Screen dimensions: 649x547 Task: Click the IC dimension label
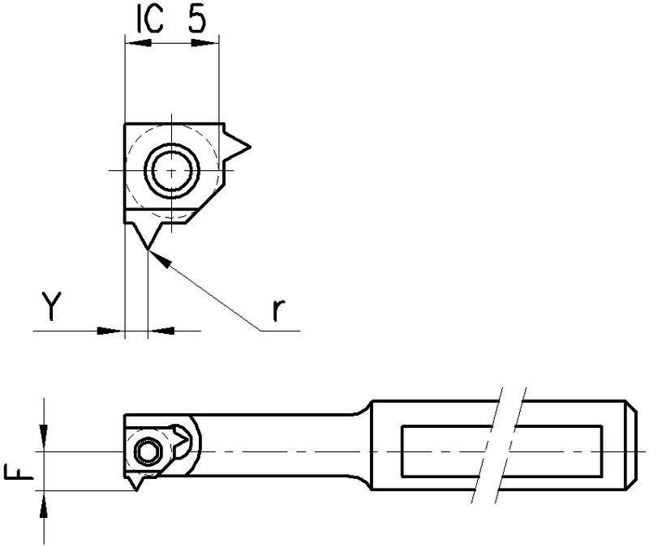pyautogui.click(x=150, y=19)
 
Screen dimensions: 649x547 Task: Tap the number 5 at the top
pyautogui.click(x=197, y=19)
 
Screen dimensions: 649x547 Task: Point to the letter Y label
pyautogui.click(x=51, y=306)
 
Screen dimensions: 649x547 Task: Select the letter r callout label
pyautogui.click(x=278, y=310)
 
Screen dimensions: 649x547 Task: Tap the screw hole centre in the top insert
pyautogui.click(x=172, y=170)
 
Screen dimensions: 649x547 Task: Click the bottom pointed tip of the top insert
pyautogui.click(x=148, y=250)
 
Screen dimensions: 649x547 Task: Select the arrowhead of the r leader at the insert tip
pyautogui.click(x=160, y=259)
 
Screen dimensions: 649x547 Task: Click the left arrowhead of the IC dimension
pyautogui.click(x=138, y=43)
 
